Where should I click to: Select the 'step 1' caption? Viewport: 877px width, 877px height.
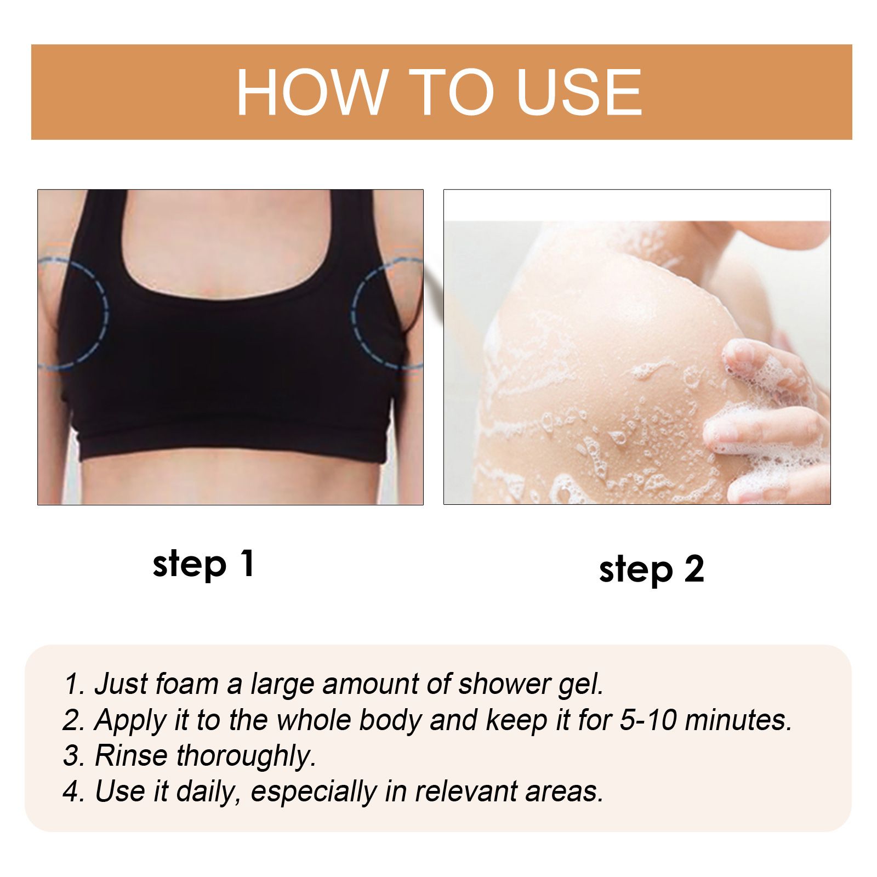click(203, 565)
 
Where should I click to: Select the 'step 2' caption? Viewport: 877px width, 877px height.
click(651, 570)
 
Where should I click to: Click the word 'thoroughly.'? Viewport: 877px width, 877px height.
click(246, 756)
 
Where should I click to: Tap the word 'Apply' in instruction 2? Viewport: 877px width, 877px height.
click(130, 721)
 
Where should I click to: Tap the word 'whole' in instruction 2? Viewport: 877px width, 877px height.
click(315, 720)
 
